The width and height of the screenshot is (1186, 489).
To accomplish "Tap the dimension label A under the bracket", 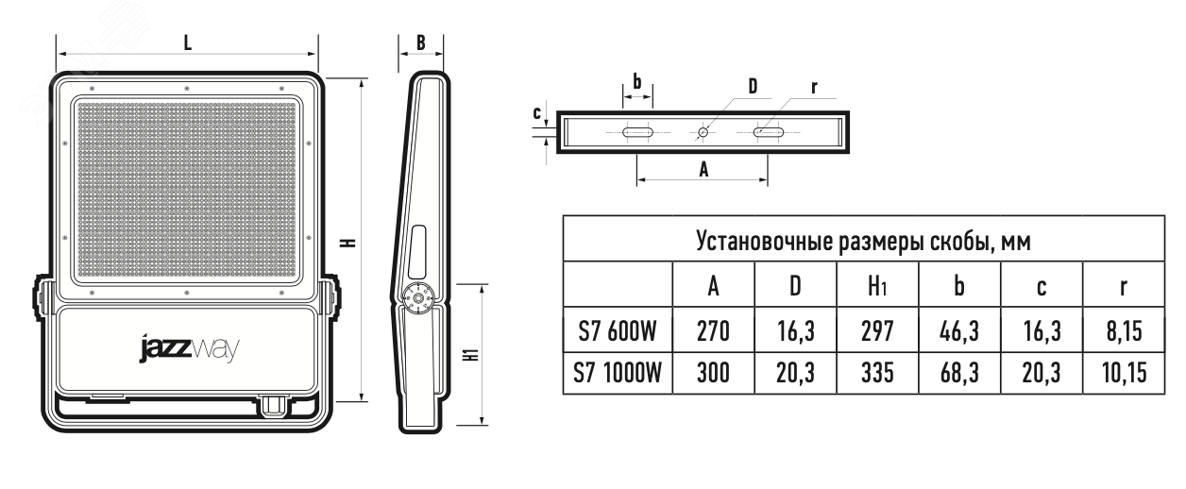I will click(x=702, y=168).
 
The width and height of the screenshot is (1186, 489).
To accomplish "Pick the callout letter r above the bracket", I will click(x=813, y=87).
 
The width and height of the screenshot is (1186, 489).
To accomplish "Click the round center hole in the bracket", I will click(x=703, y=133).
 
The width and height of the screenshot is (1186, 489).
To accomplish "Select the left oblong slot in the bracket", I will click(x=638, y=133).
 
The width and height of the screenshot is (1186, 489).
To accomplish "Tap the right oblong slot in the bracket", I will click(x=768, y=133).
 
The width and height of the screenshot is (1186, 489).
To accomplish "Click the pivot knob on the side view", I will click(x=415, y=298).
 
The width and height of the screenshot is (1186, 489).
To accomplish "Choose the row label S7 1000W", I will click(x=618, y=373).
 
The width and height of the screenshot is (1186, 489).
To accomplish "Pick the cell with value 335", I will click(x=876, y=373).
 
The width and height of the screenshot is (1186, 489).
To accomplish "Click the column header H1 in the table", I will click(x=876, y=286).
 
